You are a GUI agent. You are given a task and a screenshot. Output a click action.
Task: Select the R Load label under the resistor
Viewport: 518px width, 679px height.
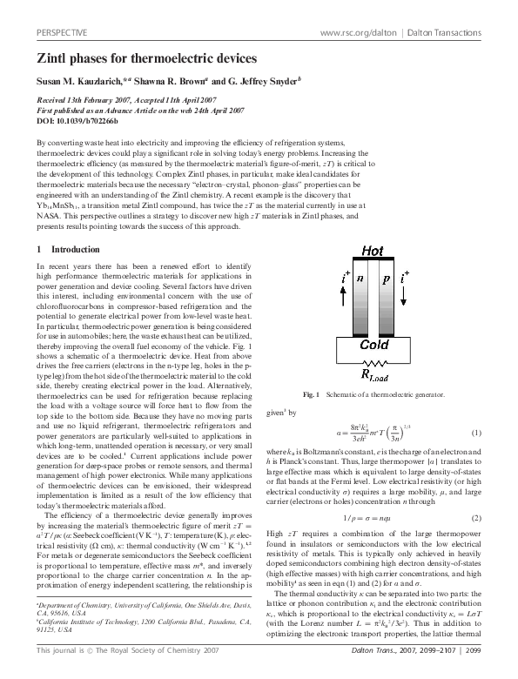(x=370, y=377)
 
